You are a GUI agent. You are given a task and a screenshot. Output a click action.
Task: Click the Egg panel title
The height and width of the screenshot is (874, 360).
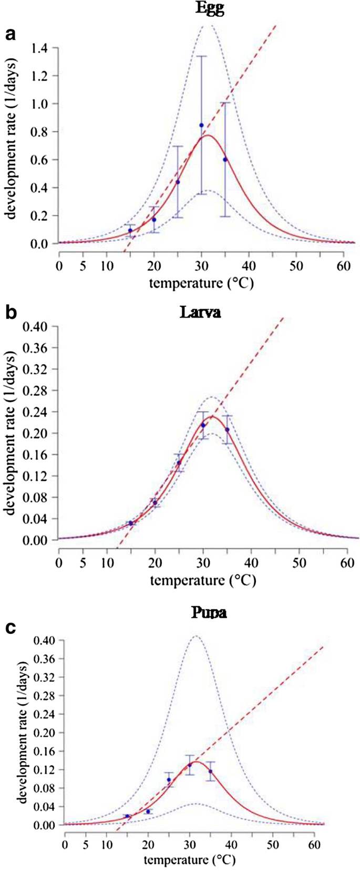[x=210, y=8]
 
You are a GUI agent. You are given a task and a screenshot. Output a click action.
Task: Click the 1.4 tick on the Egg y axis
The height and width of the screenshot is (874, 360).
[x=39, y=48]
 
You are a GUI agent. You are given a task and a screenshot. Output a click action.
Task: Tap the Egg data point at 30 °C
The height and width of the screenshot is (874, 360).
[x=201, y=125]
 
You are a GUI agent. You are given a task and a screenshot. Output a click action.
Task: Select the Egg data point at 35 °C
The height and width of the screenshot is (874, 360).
[x=225, y=160]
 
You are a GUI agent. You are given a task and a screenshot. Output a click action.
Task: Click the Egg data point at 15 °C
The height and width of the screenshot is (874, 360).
[x=130, y=230]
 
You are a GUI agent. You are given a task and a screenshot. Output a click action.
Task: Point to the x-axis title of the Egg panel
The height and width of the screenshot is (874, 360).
[x=201, y=284]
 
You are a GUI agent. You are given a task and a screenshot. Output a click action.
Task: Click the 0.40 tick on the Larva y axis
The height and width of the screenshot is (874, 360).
[x=36, y=326]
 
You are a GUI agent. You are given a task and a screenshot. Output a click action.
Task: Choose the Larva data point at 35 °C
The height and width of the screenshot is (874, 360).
[x=227, y=430]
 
